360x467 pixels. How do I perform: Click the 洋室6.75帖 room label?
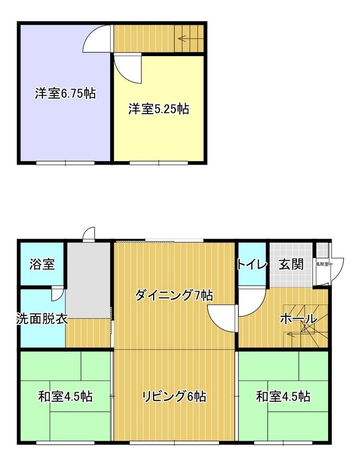pyautogui.click(x=65, y=94)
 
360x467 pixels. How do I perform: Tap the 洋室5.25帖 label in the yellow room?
pyautogui.click(x=159, y=109)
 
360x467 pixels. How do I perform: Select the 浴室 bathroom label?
pyautogui.click(x=42, y=264)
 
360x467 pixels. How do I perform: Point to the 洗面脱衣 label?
pyautogui.click(x=42, y=319)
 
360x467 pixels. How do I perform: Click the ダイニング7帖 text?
pyautogui.click(x=174, y=296)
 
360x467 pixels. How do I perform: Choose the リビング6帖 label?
pyautogui.click(x=174, y=396)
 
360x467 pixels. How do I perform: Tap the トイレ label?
pyautogui.click(x=251, y=264)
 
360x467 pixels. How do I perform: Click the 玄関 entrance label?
pyautogui.click(x=291, y=264)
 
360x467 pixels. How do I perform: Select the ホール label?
pyautogui.click(x=298, y=319)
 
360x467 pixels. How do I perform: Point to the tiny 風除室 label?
pyautogui.click(x=322, y=264)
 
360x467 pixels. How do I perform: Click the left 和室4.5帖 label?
pyautogui.click(x=65, y=396)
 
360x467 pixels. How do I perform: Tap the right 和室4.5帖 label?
pyautogui.click(x=283, y=396)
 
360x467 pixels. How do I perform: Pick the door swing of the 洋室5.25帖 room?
pyautogui.click(x=128, y=68)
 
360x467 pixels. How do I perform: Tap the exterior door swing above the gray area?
pyautogui.click(x=89, y=233)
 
